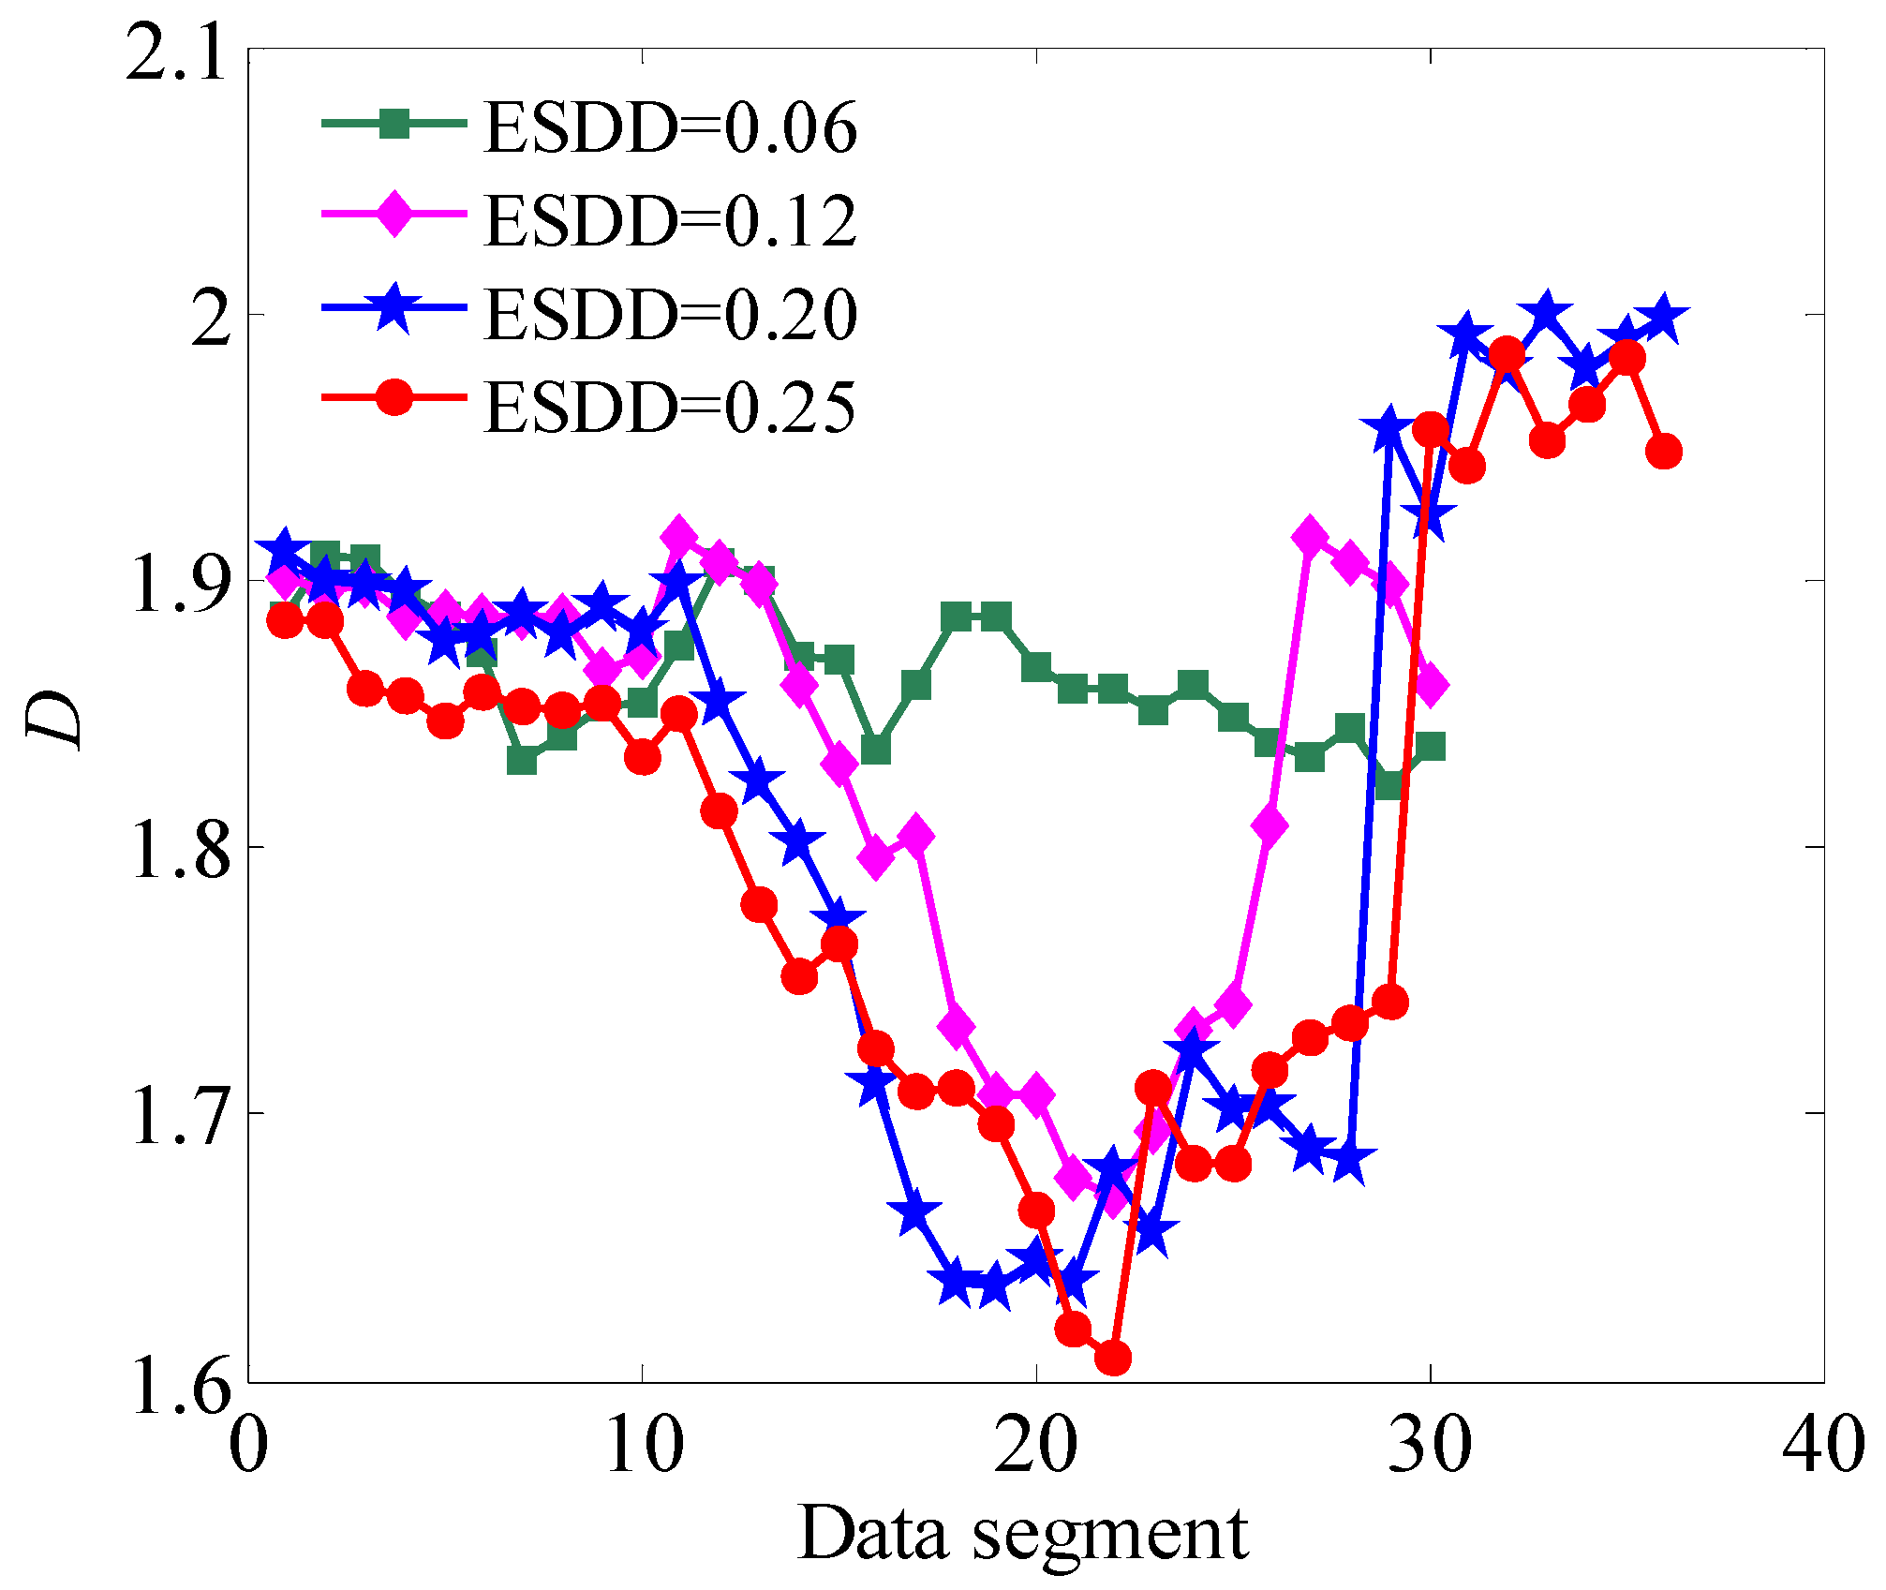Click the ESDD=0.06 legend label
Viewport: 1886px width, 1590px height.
pos(670,128)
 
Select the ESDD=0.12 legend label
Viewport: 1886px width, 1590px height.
pos(670,221)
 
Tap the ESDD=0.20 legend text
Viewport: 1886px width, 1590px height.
pos(670,314)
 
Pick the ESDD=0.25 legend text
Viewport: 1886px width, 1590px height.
pos(670,407)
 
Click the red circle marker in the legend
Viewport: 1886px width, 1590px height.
pos(394,397)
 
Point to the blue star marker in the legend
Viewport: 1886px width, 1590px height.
pos(394,305)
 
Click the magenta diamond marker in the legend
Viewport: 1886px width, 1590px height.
pos(394,214)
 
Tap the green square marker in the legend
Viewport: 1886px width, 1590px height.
pos(394,123)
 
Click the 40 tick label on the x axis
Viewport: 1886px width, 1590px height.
pos(1822,1444)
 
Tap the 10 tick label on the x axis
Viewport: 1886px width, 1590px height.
pos(643,1444)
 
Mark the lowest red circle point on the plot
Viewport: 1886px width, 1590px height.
pos(1113,1357)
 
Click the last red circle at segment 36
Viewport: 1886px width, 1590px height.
pos(1664,452)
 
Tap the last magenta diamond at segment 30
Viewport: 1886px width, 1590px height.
pos(1430,685)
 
